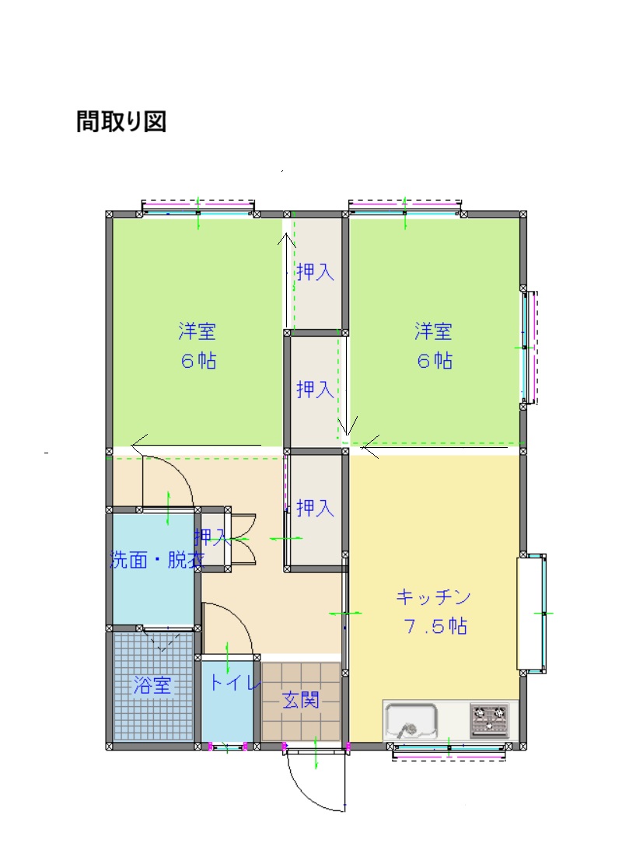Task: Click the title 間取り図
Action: (121, 122)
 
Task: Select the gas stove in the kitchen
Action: (489, 720)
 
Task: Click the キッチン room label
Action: (434, 597)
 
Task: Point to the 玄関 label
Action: (300, 700)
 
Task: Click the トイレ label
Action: (231, 684)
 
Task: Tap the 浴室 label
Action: (152, 685)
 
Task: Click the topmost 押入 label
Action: (315, 272)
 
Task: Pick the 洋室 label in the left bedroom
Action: (197, 332)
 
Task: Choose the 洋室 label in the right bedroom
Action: (433, 332)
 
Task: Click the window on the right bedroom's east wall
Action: (529, 348)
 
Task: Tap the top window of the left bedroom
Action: (198, 208)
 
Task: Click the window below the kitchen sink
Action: (449, 750)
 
